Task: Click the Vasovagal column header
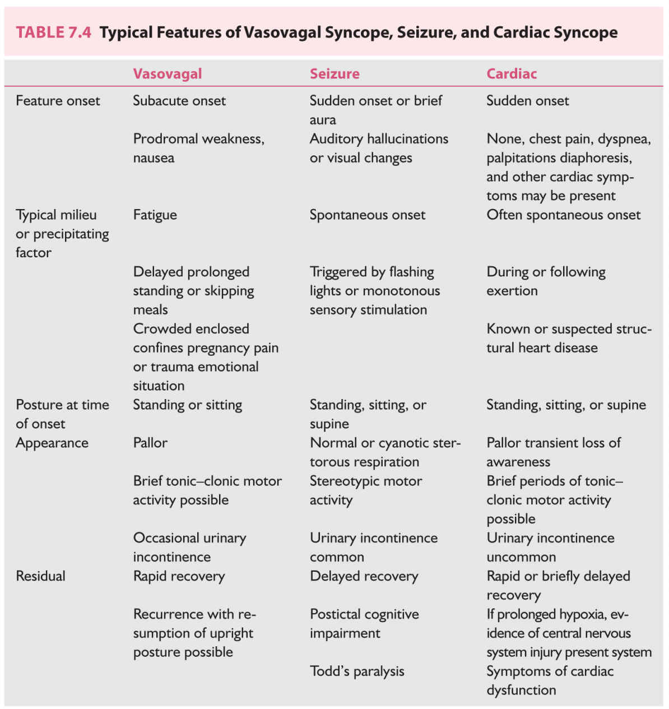(167, 74)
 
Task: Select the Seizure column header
(334, 74)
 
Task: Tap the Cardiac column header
(512, 74)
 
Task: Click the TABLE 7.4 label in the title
(53, 33)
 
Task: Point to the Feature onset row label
(58, 101)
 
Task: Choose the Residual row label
(40, 576)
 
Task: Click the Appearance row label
(52, 443)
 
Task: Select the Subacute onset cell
(179, 101)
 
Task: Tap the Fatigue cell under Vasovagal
(155, 215)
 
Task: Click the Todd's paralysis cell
(357, 671)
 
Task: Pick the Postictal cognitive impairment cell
(364, 624)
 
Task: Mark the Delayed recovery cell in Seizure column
(364, 576)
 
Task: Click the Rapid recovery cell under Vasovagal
(179, 576)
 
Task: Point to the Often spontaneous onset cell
(563, 215)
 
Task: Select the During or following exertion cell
(546, 281)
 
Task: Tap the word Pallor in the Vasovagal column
(150, 443)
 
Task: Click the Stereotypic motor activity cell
(366, 490)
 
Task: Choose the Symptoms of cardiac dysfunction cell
(550, 680)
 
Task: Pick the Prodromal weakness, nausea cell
(198, 149)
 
